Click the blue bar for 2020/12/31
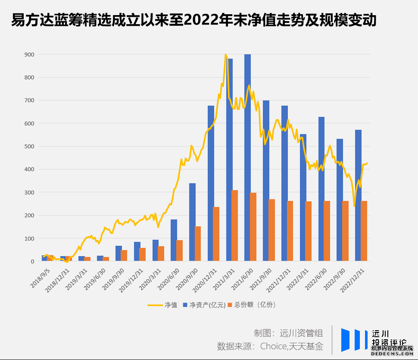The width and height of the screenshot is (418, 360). point(211,183)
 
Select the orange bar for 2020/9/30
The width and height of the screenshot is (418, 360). point(198,244)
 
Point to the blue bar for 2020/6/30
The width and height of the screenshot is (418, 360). point(174,240)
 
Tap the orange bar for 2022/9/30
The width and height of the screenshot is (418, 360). point(345,231)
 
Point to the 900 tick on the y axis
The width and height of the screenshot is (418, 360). point(30,54)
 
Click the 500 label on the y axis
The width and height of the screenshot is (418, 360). point(30,146)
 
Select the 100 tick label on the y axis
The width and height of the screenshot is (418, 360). point(30,238)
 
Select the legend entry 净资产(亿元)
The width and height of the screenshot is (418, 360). point(204,305)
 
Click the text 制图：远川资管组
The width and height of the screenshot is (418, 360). point(288,333)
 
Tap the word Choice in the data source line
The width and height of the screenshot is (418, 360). point(273,346)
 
